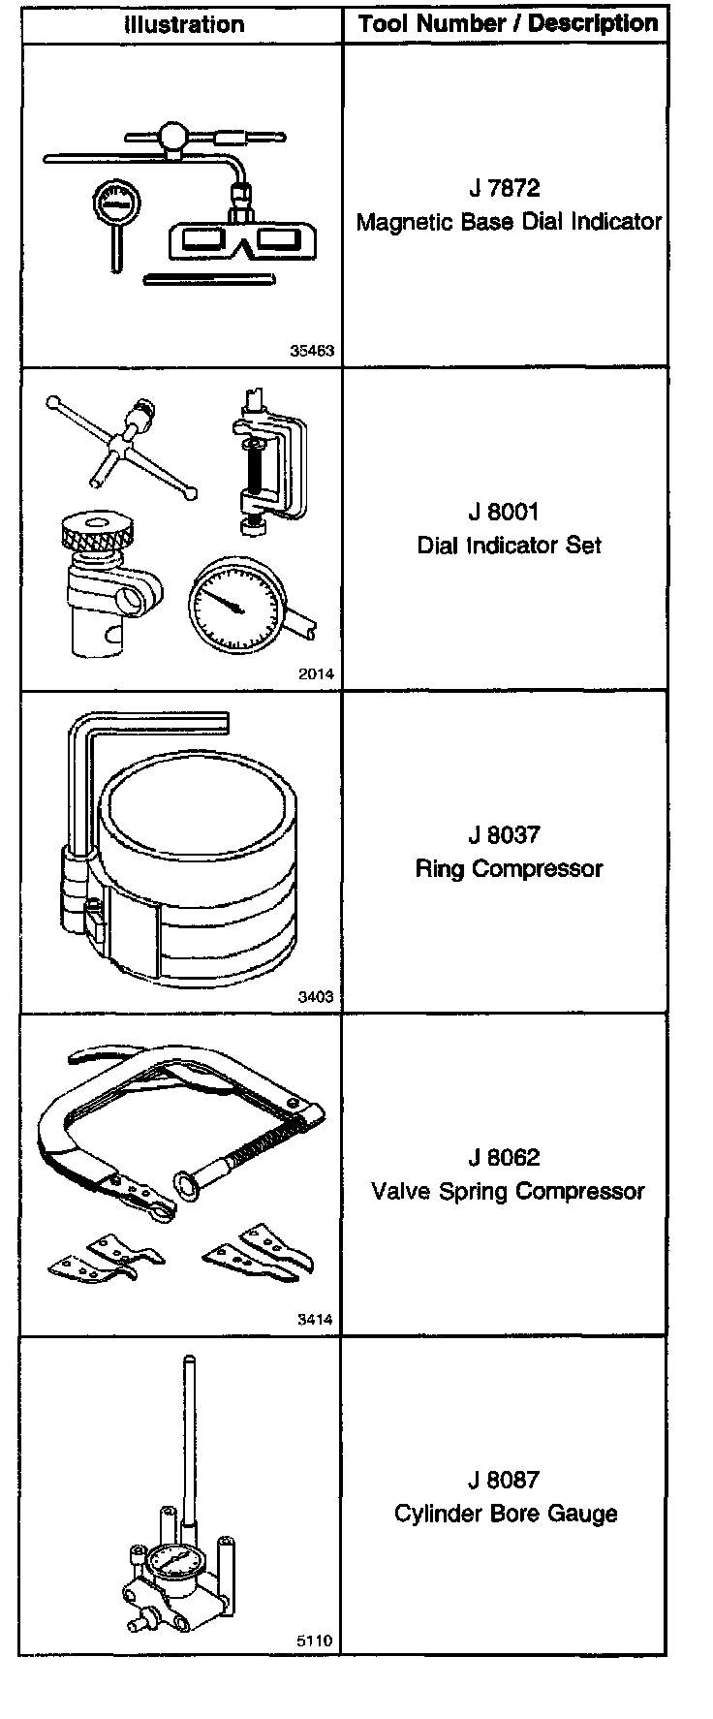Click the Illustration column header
click(x=184, y=24)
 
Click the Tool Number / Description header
click(x=508, y=24)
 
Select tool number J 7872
click(x=504, y=188)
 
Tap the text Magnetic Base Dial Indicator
click(x=509, y=222)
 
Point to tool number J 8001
click(x=504, y=512)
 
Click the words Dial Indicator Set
click(x=509, y=546)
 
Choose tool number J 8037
click(x=504, y=834)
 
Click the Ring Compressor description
click(x=509, y=868)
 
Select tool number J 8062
click(x=504, y=1157)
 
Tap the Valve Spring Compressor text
click(x=508, y=1191)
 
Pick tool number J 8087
click(x=504, y=1480)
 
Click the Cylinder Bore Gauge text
click(x=506, y=1514)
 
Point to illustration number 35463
click(x=312, y=351)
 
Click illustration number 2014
click(x=316, y=674)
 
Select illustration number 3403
click(x=316, y=997)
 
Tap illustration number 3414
click(x=316, y=1320)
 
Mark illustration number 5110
click(x=316, y=1641)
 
